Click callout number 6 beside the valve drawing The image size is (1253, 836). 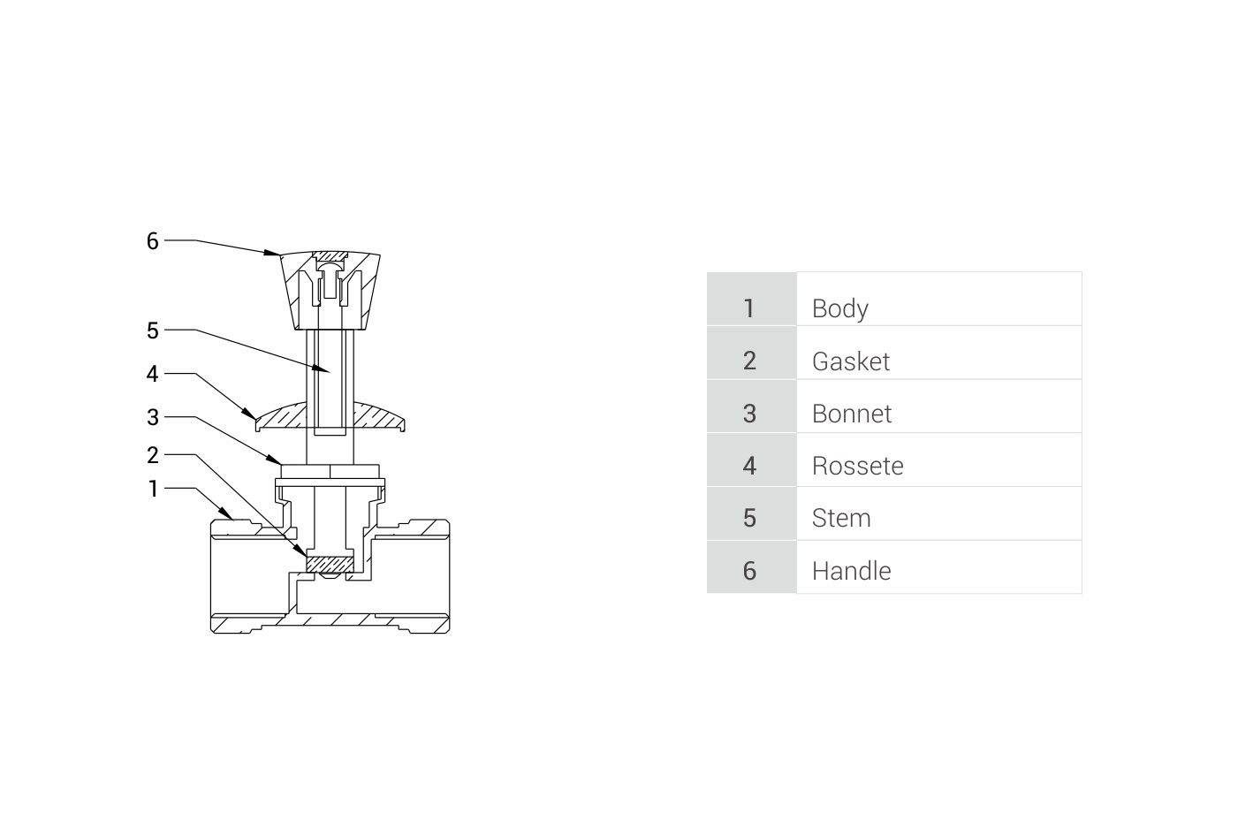pos(152,241)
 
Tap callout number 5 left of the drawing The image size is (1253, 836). pos(152,331)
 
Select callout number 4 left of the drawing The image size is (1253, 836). pos(152,374)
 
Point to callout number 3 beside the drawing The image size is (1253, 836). pos(152,417)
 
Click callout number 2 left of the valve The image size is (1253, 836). pos(152,455)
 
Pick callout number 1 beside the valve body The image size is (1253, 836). pos(153,489)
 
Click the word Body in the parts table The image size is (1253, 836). pos(839,309)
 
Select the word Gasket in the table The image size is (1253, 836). pos(850,361)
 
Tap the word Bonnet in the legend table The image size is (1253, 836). pos(851,414)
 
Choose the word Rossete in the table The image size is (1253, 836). pos(857,466)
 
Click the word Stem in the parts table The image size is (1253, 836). pos(841,518)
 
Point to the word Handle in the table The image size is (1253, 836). pos(851,571)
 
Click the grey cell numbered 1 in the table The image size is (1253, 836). pos(751,299)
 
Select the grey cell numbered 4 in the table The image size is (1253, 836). pos(751,460)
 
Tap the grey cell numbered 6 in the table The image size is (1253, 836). pos(751,566)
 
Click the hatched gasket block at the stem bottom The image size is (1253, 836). pos(330,564)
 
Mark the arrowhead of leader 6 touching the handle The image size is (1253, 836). pos(273,253)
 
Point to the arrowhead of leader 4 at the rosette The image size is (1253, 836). pos(250,414)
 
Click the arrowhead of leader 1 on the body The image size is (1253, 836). pos(226,513)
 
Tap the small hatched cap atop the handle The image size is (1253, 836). pos(330,256)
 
